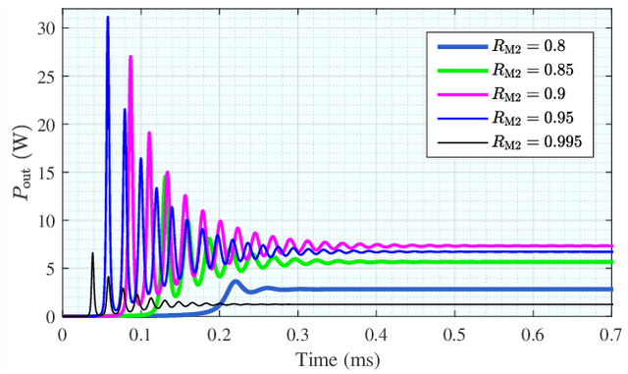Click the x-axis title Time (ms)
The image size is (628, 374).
(x=337, y=359)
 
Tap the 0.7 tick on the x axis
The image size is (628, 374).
(x=610, y=333)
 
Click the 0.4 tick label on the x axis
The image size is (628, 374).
(x=376, y=333)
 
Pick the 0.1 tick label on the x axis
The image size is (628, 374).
(x=140, y=333)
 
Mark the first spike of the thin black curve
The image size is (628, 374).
(x=92, y=253)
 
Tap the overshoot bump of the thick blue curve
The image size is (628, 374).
(x=235, y=282)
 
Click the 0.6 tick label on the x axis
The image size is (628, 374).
(x=532, y=333)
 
